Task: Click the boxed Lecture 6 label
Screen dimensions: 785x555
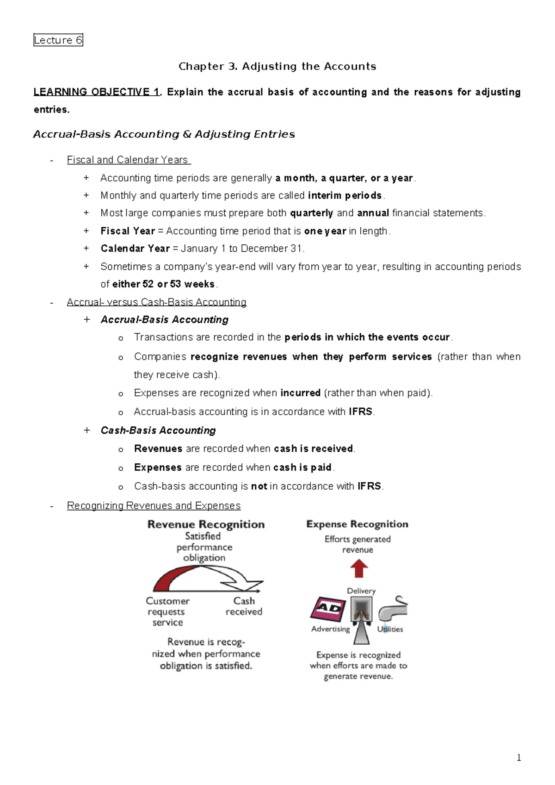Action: (58, 40)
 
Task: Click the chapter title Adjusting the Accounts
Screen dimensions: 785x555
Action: (277, 66)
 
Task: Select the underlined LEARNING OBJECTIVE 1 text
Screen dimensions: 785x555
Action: (97, 92)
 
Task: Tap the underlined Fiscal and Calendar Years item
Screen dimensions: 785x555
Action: (128, 160)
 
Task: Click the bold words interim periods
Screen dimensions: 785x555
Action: (345, 195)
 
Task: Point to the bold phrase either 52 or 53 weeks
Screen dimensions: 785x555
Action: (164, 284)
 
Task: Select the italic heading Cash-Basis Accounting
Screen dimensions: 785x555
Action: (158, 430)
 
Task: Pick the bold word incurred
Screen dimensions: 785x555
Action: (300, 393)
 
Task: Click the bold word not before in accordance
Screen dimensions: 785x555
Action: (259, 486)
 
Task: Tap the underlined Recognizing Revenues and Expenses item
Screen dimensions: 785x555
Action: (154, 505)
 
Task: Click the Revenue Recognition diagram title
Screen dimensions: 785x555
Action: (206, 524)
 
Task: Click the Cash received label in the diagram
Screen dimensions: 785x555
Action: (244, 606)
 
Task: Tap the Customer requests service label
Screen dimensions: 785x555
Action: (167, 611)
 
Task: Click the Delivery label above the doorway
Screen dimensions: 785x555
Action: (361, 591)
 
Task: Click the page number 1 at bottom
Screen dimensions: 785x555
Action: (518, 758)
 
